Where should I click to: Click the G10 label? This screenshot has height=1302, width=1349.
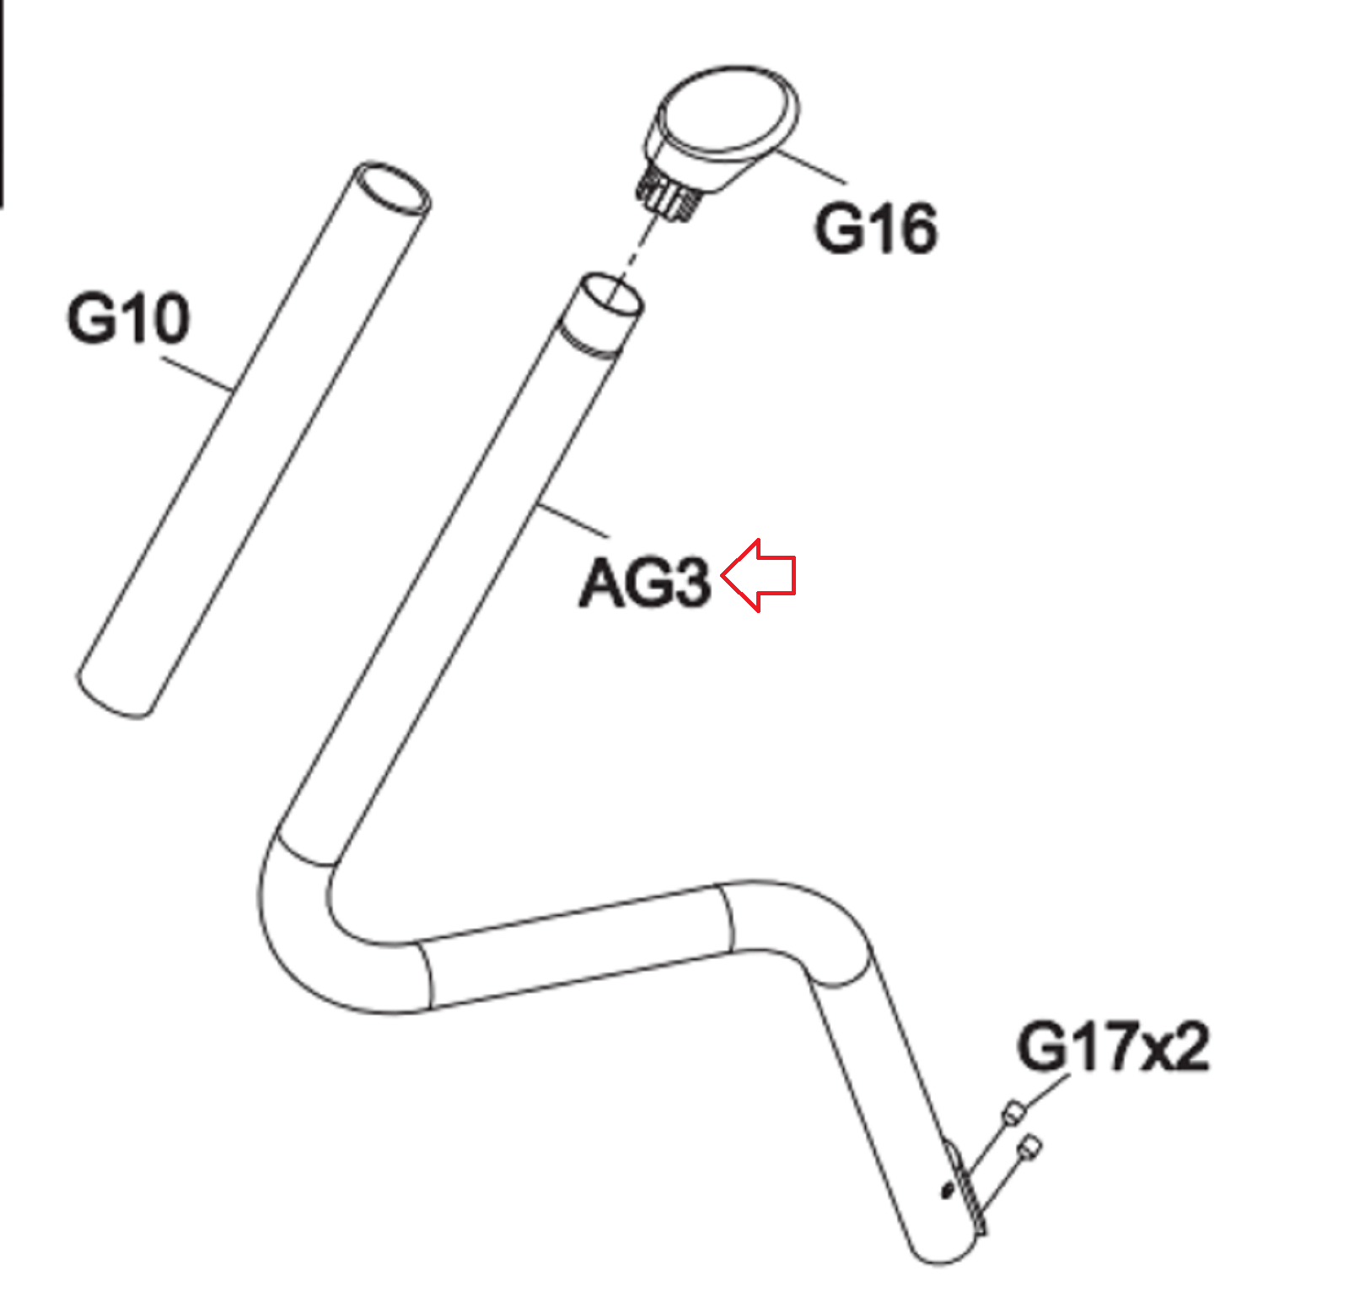click(x=128, y=318)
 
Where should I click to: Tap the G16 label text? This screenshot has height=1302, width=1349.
click(x=875, y=228)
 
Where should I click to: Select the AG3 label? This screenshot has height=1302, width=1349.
click(x=645, y=582)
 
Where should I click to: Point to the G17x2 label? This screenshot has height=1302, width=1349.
click(x=1113, y=1046)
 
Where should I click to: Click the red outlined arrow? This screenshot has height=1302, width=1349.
click(x=759, y=576)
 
